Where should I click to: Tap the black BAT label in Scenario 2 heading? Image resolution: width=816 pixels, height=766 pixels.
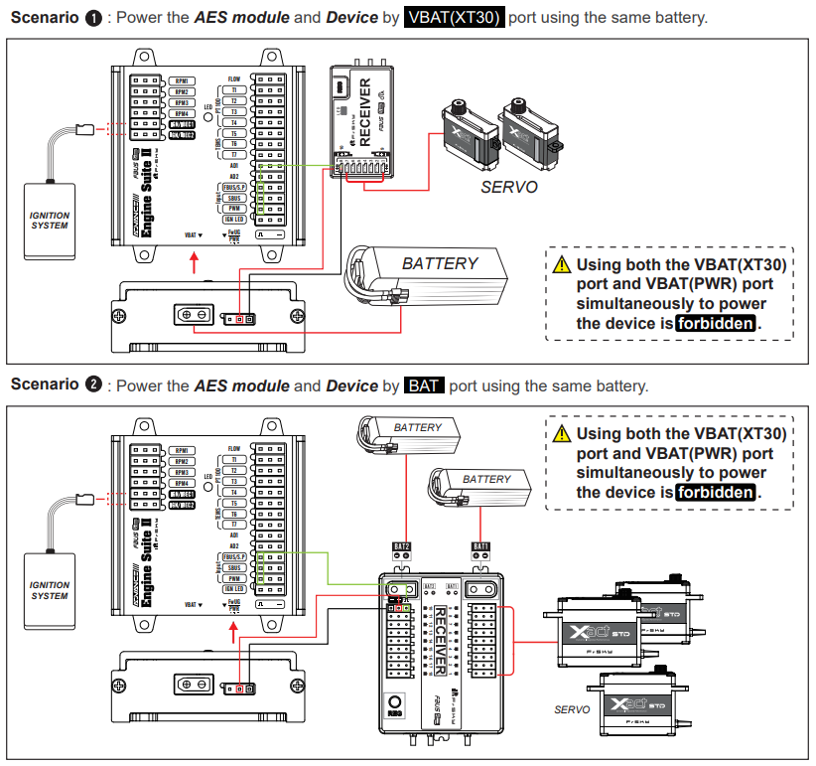click(x=424, y=385)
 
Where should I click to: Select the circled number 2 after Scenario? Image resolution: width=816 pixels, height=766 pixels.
click(x=94, y=385)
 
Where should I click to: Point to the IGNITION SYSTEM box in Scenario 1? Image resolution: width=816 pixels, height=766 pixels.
click(x=50, y=220)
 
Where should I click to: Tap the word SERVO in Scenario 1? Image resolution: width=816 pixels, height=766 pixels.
click(x=508, y=186)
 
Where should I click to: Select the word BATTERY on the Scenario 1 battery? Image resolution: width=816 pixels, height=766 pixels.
click(x=440, y=263)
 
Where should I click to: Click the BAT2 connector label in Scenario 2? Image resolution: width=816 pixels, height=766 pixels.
click(x=401, y=545)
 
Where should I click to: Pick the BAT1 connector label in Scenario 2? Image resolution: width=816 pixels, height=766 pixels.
click(x=480, y=545)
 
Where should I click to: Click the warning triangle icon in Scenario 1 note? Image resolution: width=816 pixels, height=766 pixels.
click(x=562, y=264)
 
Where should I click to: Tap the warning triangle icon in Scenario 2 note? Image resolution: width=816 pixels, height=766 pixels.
click(x=562, y=433)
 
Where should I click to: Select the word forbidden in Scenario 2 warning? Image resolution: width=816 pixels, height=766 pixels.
click(x=716, y=493)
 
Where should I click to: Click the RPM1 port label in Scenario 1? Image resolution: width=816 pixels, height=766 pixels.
click(x=182, y=80)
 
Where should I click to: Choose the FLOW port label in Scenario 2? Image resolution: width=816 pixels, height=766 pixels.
click(x=234, y=449)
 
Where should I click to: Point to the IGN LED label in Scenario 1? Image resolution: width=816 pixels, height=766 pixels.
click(x=234, y=219)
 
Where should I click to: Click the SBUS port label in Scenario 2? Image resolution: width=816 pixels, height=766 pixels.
click(x=234, y=567)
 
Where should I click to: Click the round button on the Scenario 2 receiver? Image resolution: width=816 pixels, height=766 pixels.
click(x=394, y=701)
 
